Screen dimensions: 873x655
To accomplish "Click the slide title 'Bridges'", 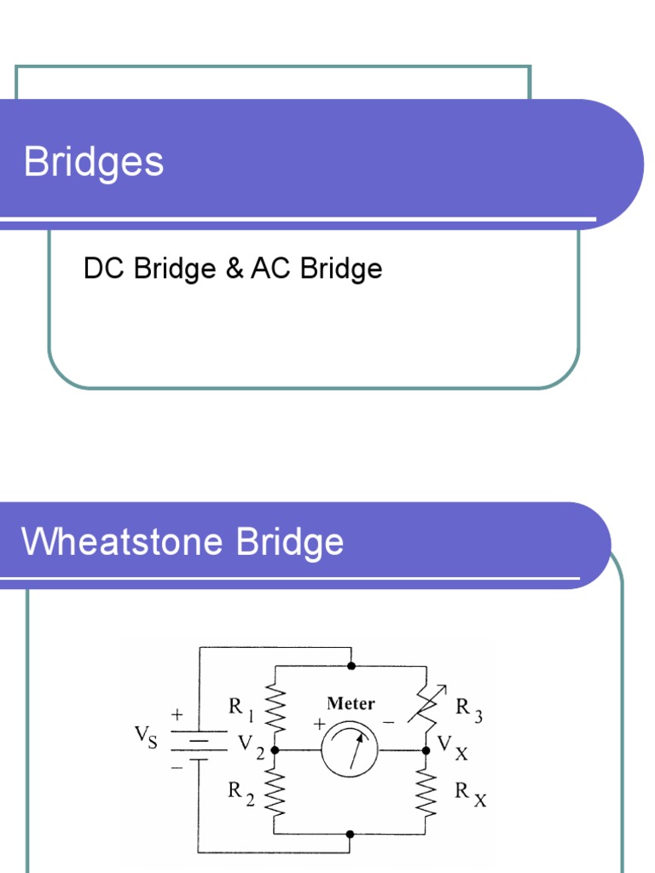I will pyautogui.click(x=94, y=162).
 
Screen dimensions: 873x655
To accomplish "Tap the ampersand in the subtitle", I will pyautogui.click(x=234, y=269).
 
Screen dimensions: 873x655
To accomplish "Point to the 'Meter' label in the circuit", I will pyautogui.click(x=351, y=704).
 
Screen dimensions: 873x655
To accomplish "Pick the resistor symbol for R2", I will pyautogui.click(x=275, y=792).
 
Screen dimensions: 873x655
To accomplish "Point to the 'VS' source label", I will pyautogui.click(x=146, y=737).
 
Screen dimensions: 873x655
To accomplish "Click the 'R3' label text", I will pyautogui.click(x=469, y=709).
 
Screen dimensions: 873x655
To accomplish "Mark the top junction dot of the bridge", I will pyautogui.click(x=351, y=665).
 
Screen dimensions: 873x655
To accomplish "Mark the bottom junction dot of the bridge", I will pyautogui.click(x=351, y=835).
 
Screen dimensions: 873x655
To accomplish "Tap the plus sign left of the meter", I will pyautogui.click(x=319, y=725).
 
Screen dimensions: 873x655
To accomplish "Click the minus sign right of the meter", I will pyautogui.click(x=388, y=722).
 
